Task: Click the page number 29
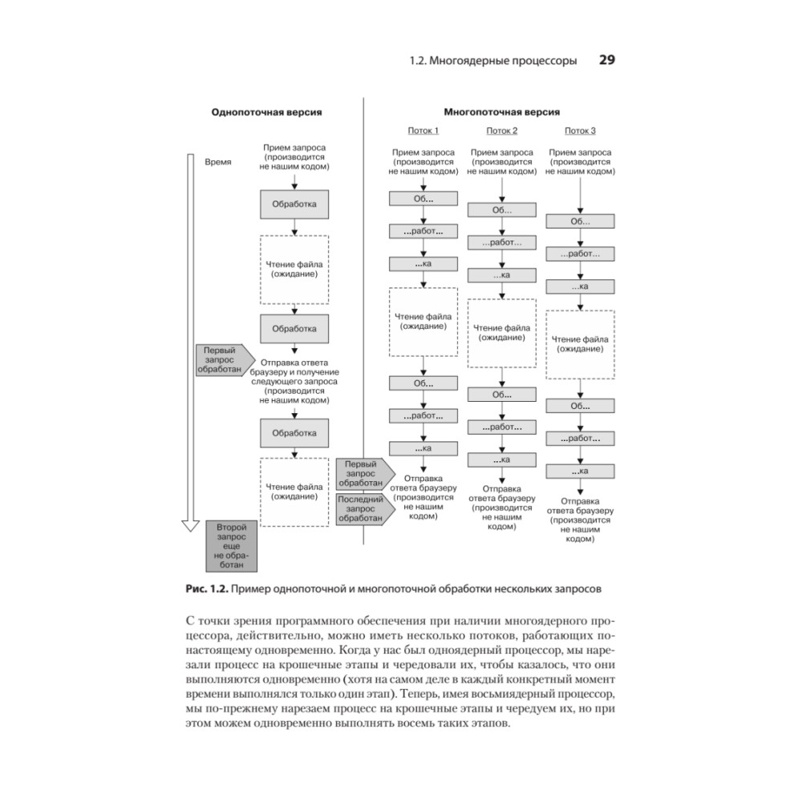click(606, 60)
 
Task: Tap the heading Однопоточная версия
click(266, 113)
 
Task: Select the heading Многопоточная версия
click(502, 113)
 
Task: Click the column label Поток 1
click(423, 131)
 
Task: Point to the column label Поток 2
click(502, 131)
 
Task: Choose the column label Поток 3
click(580, 131)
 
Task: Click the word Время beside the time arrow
click(218, 161)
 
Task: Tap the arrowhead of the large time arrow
click(190, 525)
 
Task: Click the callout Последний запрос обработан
click(363, 508)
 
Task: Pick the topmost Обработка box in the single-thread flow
click(294, 205)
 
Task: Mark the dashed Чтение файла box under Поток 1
click(423, 322)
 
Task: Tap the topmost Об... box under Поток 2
click(502, 210)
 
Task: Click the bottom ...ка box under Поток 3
click(580, 471)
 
